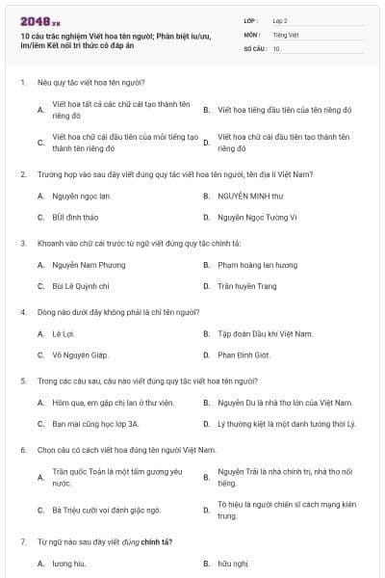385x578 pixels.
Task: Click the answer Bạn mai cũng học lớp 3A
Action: coord(95,423)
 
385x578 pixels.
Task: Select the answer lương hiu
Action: coord(68,564)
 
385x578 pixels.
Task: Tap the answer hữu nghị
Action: coord(233,564)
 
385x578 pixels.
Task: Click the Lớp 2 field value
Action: coord(280,19)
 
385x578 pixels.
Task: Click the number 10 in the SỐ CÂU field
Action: coord(276,48)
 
